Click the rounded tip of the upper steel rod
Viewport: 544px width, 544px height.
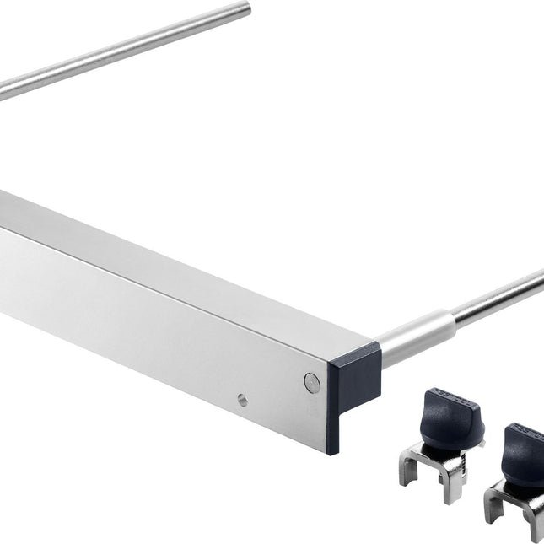[246, 8]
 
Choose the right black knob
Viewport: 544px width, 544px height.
[523, 455]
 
